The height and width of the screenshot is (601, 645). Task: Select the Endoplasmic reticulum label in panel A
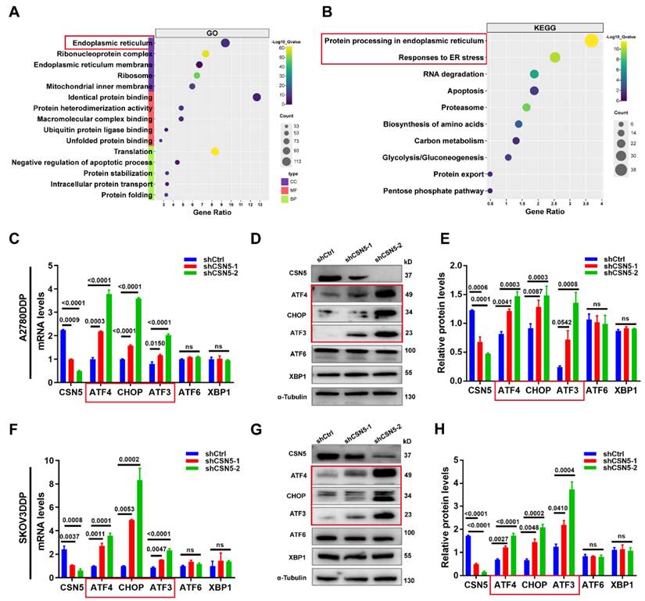point(106,42)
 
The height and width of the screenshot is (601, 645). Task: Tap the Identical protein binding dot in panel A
point(256,97)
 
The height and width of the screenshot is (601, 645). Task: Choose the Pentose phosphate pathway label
point(433,190)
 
